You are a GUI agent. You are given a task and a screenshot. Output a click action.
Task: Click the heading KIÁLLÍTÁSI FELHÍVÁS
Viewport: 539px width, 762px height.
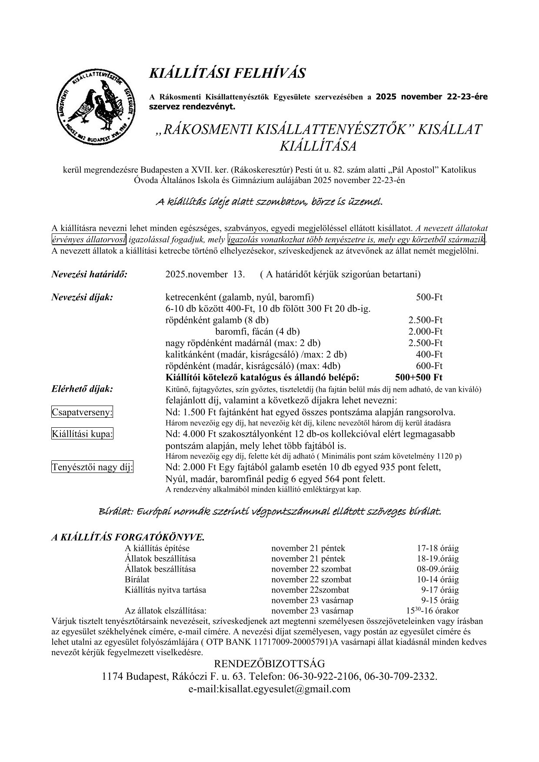[227, 73]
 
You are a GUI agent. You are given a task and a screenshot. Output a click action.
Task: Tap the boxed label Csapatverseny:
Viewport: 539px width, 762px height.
[82, 412]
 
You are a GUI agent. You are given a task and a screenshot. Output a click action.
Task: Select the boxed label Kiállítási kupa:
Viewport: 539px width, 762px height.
[82, 434]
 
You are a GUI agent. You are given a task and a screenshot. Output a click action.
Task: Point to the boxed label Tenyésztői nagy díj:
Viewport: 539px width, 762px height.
[93, 467]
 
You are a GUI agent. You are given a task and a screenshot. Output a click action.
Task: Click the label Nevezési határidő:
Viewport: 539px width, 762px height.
[89, 274]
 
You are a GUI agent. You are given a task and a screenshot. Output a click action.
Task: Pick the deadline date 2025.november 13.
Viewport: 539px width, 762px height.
[205, 274]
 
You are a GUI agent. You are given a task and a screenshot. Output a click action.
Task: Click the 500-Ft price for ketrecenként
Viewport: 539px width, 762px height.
[429, 297]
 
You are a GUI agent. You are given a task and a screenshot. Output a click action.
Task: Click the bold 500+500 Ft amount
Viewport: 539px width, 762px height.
[419, 377]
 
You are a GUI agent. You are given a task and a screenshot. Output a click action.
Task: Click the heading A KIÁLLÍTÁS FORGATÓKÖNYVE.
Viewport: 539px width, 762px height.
[128, 537]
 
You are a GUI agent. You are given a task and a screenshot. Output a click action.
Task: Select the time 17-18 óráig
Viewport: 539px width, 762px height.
[438, 548]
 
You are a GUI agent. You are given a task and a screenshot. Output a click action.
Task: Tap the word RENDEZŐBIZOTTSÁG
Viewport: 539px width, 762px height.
[269, 664]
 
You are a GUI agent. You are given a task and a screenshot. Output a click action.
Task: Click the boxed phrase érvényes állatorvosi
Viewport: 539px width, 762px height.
[89, 240]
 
